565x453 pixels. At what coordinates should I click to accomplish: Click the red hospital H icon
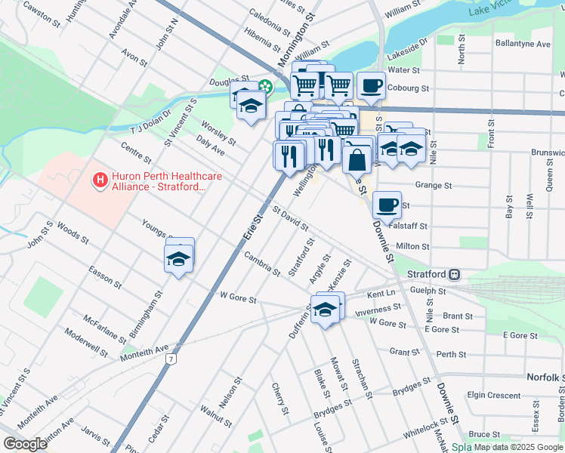99,180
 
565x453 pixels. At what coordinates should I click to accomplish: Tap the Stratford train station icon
455,274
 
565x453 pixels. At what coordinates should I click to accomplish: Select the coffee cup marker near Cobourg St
370,85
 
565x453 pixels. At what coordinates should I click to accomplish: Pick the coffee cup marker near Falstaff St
387,205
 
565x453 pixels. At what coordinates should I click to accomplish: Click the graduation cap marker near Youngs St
179,258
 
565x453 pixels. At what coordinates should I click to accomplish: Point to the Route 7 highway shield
173,359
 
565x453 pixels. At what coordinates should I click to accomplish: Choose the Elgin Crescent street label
494,395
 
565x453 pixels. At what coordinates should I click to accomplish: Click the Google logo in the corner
26,444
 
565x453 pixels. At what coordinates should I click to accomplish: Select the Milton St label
412,246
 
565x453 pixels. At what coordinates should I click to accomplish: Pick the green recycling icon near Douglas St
266,86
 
